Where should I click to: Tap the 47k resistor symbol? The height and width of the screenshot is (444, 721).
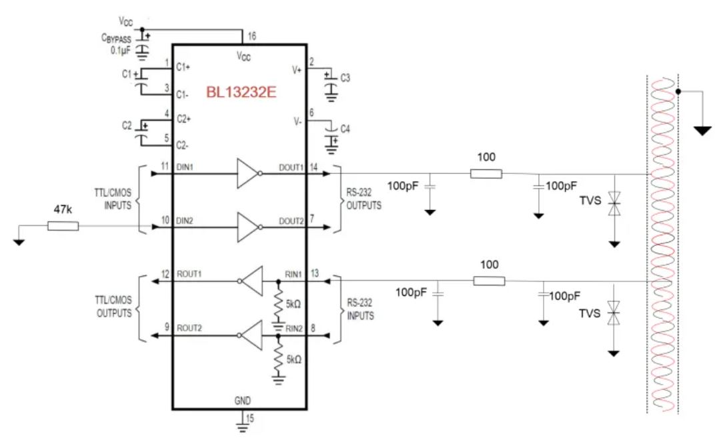coord(63,226)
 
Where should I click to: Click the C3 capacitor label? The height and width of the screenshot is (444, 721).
coord(345,78)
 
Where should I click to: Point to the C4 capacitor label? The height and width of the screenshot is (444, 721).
coord(345,128)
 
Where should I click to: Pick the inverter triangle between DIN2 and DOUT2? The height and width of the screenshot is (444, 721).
coord(247,227)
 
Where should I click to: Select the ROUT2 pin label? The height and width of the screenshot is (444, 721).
coord(189,329)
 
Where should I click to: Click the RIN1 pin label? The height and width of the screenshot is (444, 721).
coord(294,274)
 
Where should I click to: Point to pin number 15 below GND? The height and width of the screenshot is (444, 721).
coord(251,419)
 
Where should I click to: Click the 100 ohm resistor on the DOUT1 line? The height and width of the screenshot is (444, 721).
coord(486,174)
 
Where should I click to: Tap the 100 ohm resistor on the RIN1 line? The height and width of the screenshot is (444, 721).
coord(489,281)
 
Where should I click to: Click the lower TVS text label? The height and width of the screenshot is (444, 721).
coord(589,313)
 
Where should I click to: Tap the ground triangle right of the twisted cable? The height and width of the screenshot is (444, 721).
coord(702,130)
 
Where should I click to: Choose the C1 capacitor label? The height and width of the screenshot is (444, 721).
coord(127,75)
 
